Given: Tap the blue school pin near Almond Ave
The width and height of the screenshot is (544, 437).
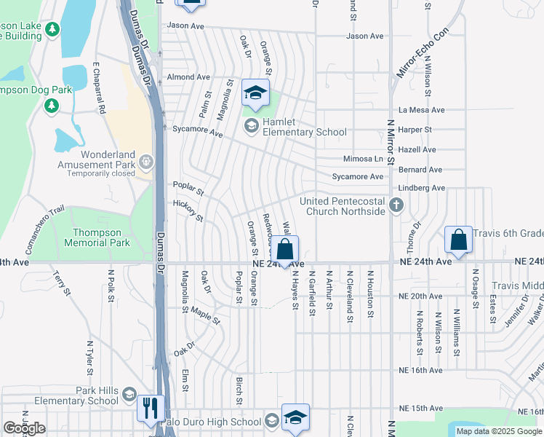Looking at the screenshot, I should [x=255, y=92].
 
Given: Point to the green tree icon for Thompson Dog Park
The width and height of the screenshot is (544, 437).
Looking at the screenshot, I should [x=52, y=106].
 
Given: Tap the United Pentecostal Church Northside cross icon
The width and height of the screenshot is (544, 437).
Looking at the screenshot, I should [x=396, y=205].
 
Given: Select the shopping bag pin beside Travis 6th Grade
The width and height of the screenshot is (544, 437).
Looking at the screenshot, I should [x=459, y=239].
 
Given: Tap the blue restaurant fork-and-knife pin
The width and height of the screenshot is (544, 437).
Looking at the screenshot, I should [x=151, y=408].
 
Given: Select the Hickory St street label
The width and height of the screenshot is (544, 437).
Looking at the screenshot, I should [x=188, y=211].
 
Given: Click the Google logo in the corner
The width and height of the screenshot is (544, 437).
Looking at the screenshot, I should [x=25, y=428].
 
